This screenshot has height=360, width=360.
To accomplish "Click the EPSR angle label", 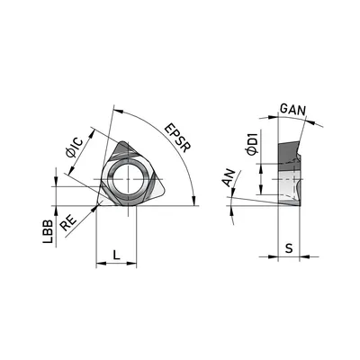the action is (x=178, y=138).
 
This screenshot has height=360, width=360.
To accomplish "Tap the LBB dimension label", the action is (x=48, y=231).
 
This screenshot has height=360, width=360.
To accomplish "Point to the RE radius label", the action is (x=68, y=223).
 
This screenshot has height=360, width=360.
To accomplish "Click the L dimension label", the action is (x=116, y=255).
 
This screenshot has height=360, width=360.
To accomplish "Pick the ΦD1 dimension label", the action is (x=252, y=143).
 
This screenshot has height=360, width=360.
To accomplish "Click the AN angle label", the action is (x=228, y=178).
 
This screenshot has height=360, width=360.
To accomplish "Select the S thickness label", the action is (x=289, y=248).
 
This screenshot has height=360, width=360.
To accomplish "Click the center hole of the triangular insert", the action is (x=128, y=179).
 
